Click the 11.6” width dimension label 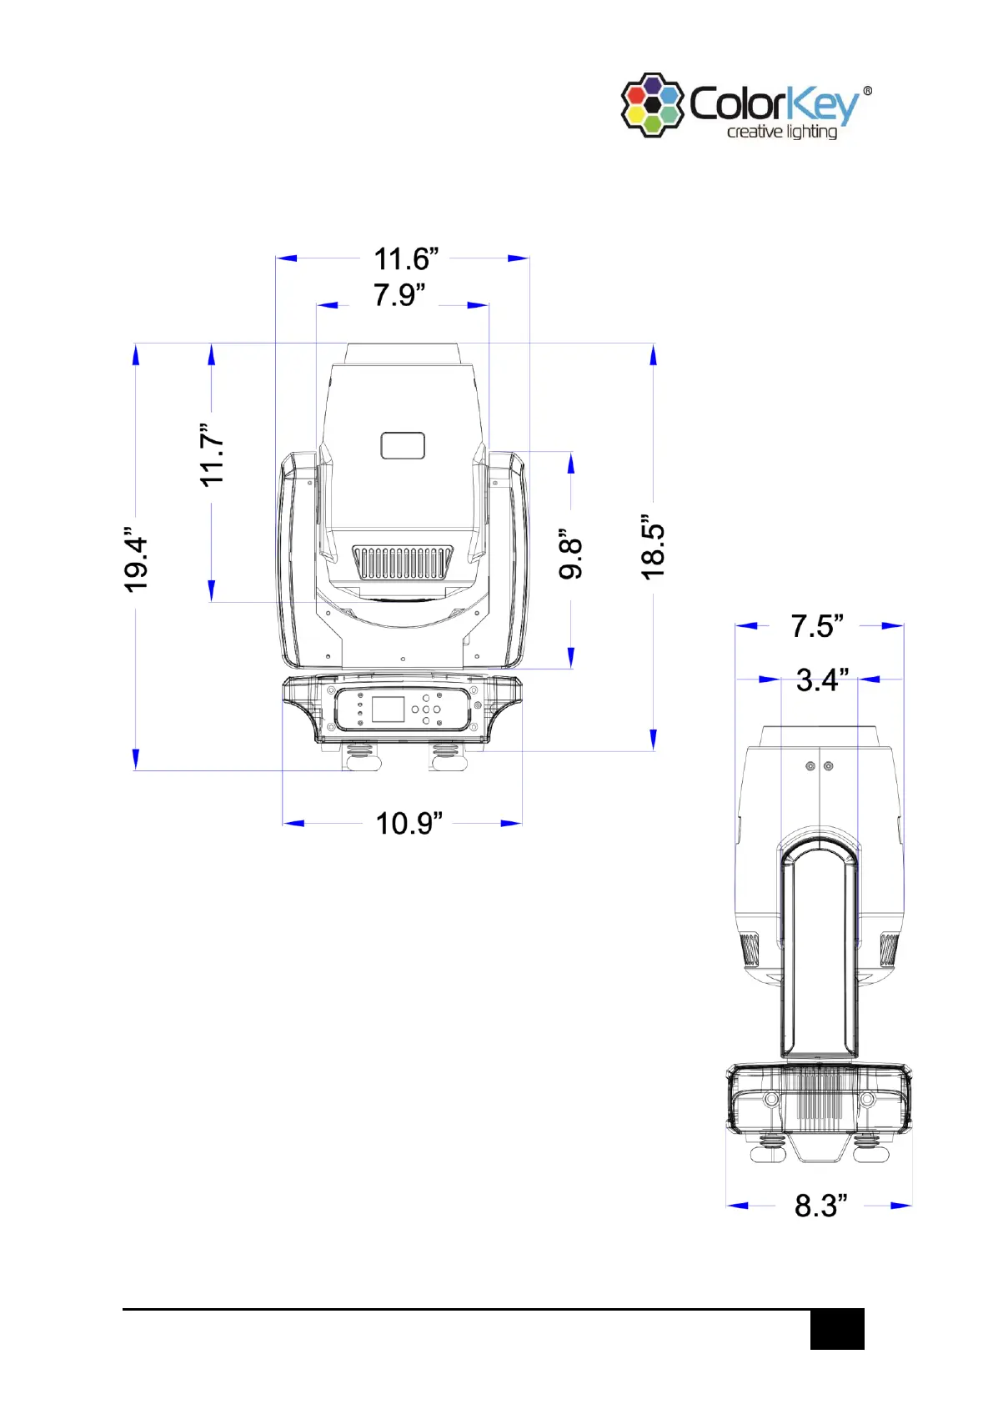tap(405, 258)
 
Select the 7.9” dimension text tap(399, 294)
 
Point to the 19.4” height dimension tap(135, 559)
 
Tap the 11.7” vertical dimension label tap(211, 455)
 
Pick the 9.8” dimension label tap(570, 554)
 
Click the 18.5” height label tap(653, 547)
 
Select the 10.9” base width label tap(409, 823)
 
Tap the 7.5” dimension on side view tap(817, 625)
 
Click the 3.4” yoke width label tap(822, 679)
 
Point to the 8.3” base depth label tap(820, 1205)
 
